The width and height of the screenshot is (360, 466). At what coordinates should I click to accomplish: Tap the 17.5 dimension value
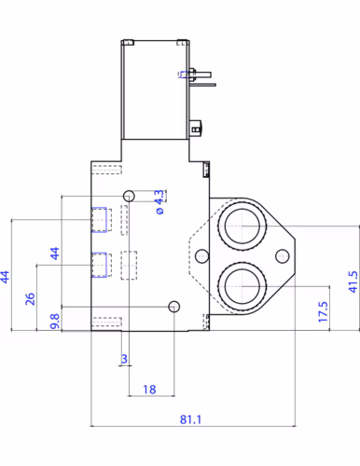point(322,308)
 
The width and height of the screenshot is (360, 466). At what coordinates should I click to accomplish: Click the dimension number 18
point(148,389)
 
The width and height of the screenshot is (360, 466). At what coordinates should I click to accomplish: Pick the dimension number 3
point(124,358)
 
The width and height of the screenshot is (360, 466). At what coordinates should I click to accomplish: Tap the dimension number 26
point(30,298)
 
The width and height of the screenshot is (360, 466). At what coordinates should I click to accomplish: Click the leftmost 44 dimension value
point(7,277)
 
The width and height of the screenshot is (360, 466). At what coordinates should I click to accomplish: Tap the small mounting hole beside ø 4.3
point(129,195)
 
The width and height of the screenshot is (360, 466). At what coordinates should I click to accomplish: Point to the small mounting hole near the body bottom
point(173,307)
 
